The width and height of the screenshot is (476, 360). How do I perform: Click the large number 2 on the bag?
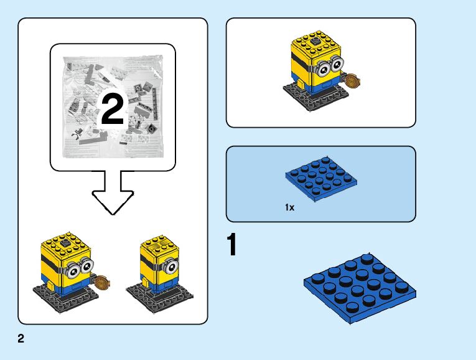(x=112, y=111)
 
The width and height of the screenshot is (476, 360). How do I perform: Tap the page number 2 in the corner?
(x=21, y=339)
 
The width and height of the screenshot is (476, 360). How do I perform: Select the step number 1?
(x=232, y=245)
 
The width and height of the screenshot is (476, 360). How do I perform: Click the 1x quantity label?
(x=289, y=207)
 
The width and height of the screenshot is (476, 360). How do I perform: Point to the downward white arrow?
(x=113, y=192)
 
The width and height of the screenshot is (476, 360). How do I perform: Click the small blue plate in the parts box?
(x=321, y=178)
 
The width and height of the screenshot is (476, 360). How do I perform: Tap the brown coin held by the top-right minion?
(x=352, y=81)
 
